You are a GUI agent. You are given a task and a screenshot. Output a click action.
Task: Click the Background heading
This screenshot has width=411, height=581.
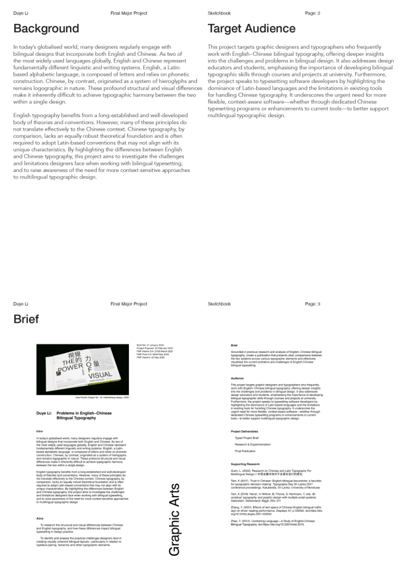click(x=46, y=29)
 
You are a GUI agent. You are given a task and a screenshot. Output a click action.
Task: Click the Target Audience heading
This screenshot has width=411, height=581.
click(x=251, y=29)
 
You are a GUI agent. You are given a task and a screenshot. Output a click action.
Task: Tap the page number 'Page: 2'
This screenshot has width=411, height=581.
click(x=313, y=13)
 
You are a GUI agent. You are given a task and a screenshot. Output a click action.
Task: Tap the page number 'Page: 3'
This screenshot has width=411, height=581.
click(x=313, y=304)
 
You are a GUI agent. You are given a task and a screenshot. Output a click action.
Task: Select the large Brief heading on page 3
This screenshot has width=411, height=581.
click(x=26, y=319)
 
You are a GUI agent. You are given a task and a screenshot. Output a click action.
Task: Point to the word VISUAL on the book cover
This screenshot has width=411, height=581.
click(x=100, y=375)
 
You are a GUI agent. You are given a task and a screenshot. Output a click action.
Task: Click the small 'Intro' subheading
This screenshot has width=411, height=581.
click(x=39, y=430)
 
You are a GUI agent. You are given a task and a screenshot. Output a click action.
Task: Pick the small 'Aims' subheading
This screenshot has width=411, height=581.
click(x=40, y=518)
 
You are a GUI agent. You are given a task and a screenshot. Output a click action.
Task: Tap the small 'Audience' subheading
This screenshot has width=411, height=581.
click(x=237, y=378)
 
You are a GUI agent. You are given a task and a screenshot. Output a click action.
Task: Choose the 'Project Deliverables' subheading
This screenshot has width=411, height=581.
click(x=244, y=431)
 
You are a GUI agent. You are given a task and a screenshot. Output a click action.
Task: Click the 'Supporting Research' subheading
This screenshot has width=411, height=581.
click(x=245, y=464)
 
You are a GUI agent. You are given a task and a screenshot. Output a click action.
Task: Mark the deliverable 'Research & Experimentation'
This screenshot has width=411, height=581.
click(x=253, y=444)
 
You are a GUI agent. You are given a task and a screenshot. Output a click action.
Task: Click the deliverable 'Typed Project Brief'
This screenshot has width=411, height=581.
click(x=247, y=438)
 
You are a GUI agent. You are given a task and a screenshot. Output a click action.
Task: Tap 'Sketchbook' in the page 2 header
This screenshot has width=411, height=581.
click(x=219, y=13)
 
